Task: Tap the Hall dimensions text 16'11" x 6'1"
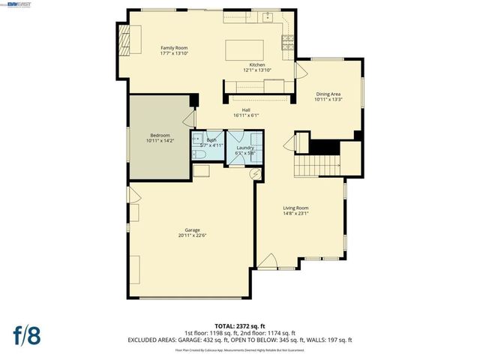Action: [245, 115]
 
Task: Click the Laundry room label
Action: [245, 148]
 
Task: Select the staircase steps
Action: [319, 165]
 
